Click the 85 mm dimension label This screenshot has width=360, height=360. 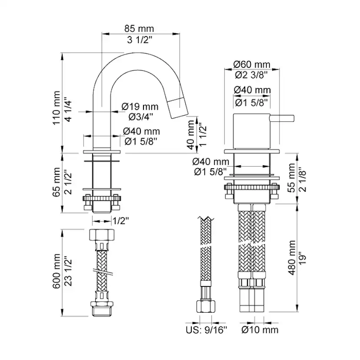point(139,29)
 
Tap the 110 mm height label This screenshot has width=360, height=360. point(57,108)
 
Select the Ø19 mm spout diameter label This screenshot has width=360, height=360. point(140,107)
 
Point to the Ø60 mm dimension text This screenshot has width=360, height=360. point(252,64)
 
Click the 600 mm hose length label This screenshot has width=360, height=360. point(57,271)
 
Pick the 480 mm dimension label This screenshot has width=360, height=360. point(292,257)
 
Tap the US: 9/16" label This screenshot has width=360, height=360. point(206,330)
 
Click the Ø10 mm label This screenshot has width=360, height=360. point(260,330)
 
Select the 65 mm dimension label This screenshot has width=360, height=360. point(57,182)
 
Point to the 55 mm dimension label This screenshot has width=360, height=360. point(292,178)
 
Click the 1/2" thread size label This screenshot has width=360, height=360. point(120,221)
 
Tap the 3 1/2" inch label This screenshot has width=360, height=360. point(140,40)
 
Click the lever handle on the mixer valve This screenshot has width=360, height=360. point(282,118)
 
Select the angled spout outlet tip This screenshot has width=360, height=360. point(178,108)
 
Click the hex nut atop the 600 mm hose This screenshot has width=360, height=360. point(102,234)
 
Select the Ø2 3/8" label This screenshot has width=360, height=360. point(251,75)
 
